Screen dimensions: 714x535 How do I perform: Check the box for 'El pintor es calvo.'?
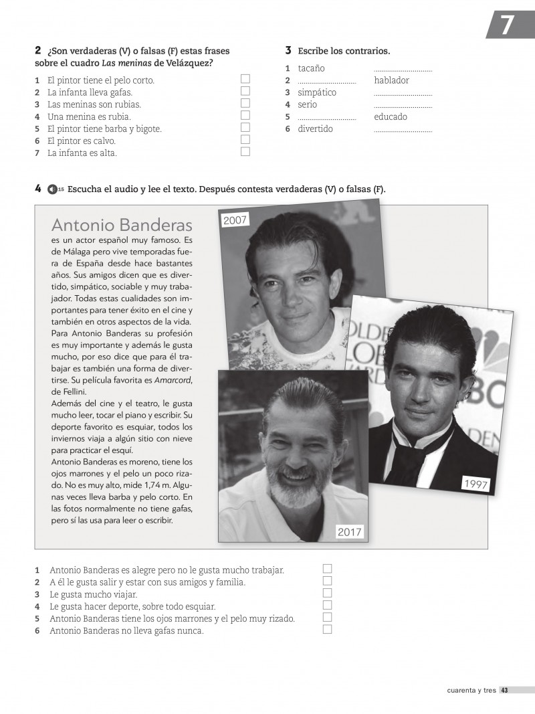point(245,140)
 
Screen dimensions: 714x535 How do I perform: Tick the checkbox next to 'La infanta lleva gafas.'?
point(245,92)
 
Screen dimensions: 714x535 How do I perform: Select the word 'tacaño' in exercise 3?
point(311,68)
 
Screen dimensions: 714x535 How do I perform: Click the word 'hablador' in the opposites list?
point(392,80)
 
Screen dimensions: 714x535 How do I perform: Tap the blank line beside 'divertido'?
point(403,129)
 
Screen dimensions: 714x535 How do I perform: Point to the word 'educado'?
point(391,116)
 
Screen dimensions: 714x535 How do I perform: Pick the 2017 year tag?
point(349,532)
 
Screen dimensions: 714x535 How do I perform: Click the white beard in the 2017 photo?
point(291,496)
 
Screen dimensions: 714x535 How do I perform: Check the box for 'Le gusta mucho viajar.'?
point(328,594)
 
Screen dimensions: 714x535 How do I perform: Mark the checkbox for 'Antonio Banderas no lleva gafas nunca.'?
point(328,630)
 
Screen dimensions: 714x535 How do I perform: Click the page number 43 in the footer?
point(505,691)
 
